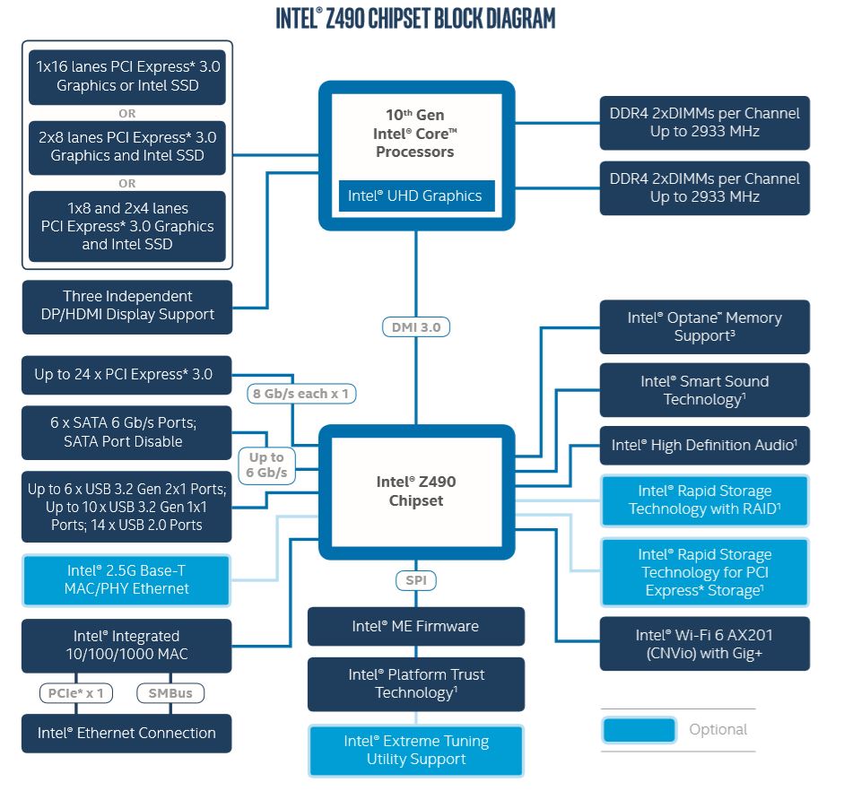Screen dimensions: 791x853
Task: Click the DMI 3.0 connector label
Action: coord(416,327)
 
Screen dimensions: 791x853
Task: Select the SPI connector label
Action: coord(416,580)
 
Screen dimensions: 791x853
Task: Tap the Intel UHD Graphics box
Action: coord(415,196)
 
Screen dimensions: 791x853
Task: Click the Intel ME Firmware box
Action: coord(415,626)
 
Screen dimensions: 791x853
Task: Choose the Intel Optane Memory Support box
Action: coord(704,326)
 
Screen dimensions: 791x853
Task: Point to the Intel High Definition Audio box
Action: coord(704,445)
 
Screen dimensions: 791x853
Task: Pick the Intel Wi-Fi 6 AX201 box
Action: coord(704,644)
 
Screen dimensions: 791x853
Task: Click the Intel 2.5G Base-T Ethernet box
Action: coord(127,579)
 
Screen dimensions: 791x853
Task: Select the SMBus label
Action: coord(170,692)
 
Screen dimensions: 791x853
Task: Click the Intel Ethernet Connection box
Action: coord(126,733)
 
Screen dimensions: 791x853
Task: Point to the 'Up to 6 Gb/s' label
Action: coord(266,465)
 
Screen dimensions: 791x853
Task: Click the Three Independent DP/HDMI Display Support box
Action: coord(126,305)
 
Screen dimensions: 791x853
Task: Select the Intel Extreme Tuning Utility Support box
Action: coord(415,750)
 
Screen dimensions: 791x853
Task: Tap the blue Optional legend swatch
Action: coord(639,729)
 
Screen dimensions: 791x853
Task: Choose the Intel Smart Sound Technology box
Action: coord(704,390)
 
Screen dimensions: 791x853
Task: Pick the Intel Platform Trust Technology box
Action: coord(415,683)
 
